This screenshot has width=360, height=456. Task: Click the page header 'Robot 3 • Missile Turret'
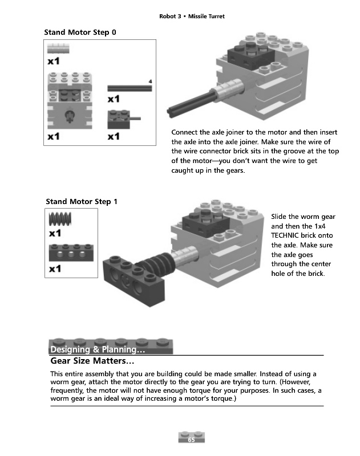pyautogui.click(x=192, y=17)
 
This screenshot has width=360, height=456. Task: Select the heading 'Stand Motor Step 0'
pyautogui.click(x=80, y=32)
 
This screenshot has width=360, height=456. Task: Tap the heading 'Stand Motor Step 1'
pyautogui.click(x=81, y=201)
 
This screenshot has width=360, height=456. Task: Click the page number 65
pyautogui.click(x=191, y=440)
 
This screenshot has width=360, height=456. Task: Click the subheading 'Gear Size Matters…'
pyautogui.click(x=92, y=361)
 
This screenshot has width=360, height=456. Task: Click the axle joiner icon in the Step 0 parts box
pyautogui.click(x=58, y=50)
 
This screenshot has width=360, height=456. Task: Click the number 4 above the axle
pyautogui.click(x=150, y=81)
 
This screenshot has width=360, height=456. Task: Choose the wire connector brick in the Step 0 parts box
pyautogui.click(x=121, y=119)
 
